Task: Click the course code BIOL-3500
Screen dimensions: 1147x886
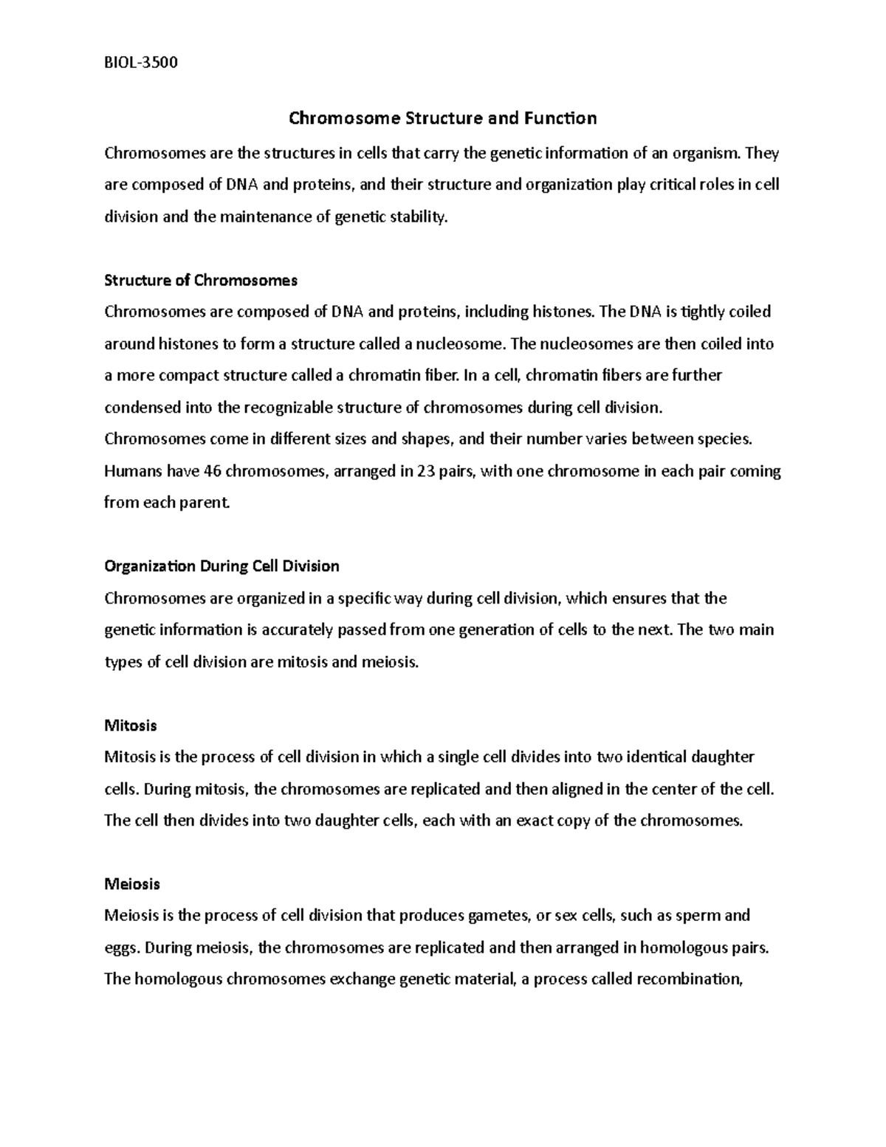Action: tap(141, 62)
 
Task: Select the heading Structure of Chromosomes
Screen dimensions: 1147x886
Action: tap(201, 281)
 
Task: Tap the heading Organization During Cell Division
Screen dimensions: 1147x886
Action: tap(221, 566)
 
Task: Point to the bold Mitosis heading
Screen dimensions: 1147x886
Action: tap(131, 725)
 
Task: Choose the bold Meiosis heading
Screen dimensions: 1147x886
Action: tap(132, 884)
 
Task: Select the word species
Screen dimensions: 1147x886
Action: tap(723, 439)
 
